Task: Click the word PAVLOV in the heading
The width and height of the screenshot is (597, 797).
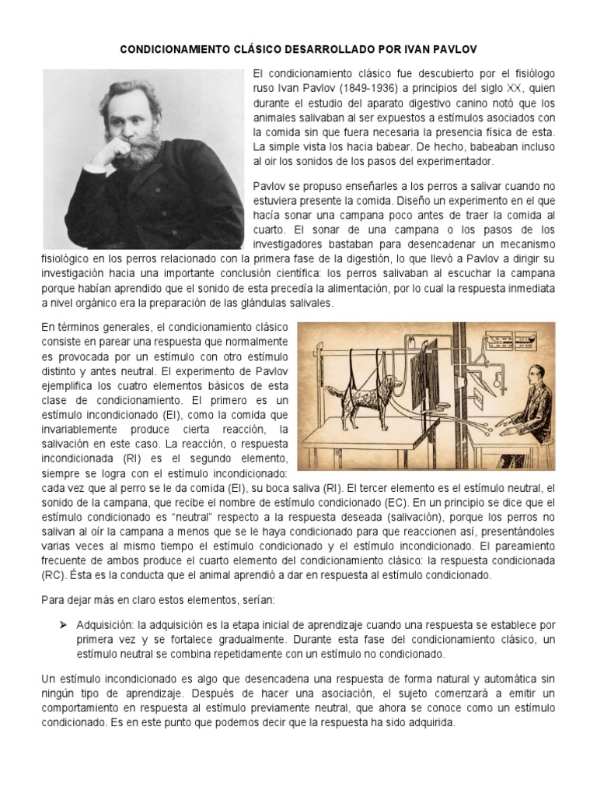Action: click(456, 49)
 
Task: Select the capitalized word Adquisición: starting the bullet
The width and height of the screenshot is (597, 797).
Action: click(105, 625)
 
